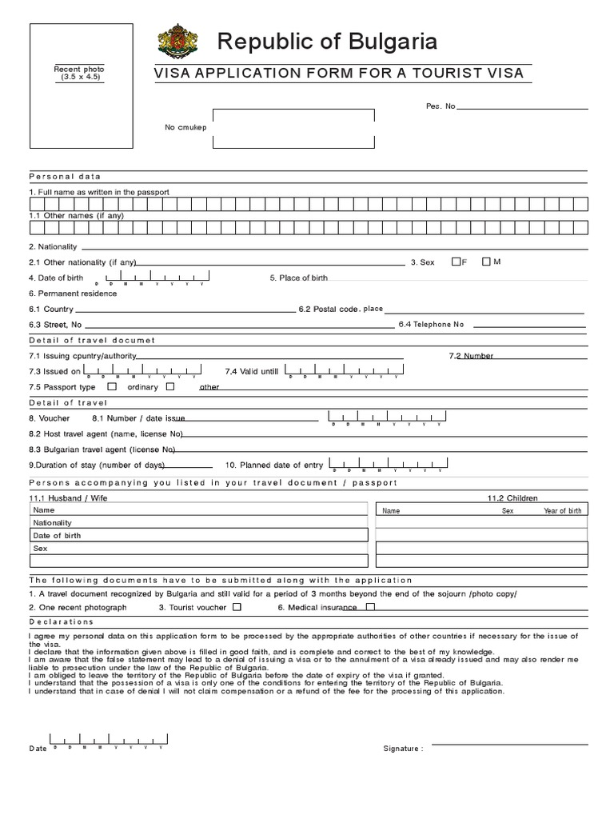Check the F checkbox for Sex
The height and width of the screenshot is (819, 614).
tap(457, 262)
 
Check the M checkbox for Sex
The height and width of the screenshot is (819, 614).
tap(486, 262)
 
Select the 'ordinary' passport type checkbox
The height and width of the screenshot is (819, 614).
tap(170, 387)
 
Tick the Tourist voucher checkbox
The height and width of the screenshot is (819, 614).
tap(237, 607)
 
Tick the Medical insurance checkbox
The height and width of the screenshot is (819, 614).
tap(369, 607)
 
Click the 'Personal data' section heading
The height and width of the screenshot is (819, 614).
tap(65, 176)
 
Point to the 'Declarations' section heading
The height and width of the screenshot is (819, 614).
tap(62, 621)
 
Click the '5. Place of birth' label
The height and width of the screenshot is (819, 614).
tap(298, 278)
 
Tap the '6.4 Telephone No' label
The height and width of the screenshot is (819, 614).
tap(431, 325)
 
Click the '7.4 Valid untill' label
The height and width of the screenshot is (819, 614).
tap(252, 371)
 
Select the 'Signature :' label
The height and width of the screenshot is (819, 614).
tap(403, 749)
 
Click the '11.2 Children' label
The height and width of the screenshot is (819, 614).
tap(512, 497)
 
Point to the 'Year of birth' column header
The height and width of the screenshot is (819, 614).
tap(563, 510)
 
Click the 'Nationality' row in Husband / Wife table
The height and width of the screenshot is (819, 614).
tap(52, 522)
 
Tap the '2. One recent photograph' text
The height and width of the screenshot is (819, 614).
tap(78, 608)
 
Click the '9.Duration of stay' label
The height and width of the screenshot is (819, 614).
tap(97, 465)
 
